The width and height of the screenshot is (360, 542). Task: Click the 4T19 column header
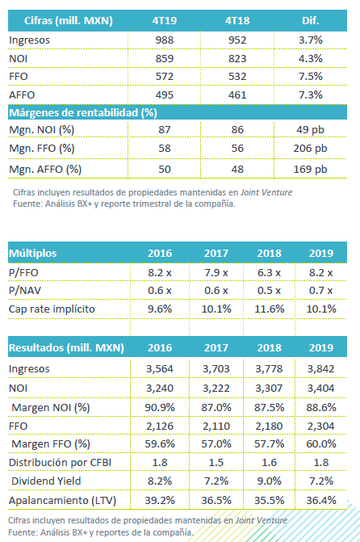click(x=165, y=21)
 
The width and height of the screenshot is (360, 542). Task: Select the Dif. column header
click(x=310, y=21)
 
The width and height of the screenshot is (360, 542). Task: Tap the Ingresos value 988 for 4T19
click(x=165, y=40)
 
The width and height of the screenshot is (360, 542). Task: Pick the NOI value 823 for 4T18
click(x=237, y=58)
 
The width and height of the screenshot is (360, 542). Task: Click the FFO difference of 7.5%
click(x=310, y=77)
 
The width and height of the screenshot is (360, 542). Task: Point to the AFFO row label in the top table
click(x=22, y=95)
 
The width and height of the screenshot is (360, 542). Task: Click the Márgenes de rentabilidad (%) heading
click(x=83, y=113)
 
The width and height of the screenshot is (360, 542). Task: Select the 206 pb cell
click(x=310, y=149)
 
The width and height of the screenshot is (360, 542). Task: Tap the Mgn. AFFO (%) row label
click(x=45, y=170)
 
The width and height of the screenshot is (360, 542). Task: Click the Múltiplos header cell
click(x=32, y=253)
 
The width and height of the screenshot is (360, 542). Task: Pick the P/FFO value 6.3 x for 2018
click(x=269, y=273)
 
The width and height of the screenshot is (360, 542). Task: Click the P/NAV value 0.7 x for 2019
click(x=321, y=290)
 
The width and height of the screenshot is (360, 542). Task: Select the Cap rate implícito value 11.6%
click(x=269, y=309)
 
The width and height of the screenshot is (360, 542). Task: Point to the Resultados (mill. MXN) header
click(x=66, y=348)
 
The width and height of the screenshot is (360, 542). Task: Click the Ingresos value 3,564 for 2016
click(x=160, y=369)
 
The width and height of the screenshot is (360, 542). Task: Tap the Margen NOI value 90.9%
click(x=160, y=407)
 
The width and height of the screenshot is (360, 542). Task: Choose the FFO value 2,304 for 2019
click(x=321, y=426)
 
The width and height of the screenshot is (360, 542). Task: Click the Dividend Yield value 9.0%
click(x=269, y=481)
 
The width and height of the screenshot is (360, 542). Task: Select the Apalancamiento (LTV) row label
click(x=62, y=500)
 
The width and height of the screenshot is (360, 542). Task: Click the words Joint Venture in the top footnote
click(x=266, y=192)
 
